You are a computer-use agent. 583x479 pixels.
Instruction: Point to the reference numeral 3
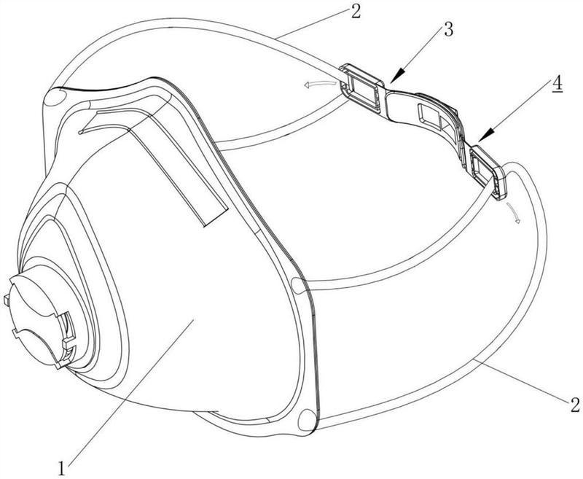coord(449,30)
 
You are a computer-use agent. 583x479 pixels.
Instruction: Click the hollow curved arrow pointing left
coord(319,85)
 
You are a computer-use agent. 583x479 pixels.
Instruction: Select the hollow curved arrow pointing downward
coord(512,213)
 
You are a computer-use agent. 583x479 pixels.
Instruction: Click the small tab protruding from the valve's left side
coord(6,300)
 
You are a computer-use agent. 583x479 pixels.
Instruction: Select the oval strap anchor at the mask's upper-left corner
coord(55,98)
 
